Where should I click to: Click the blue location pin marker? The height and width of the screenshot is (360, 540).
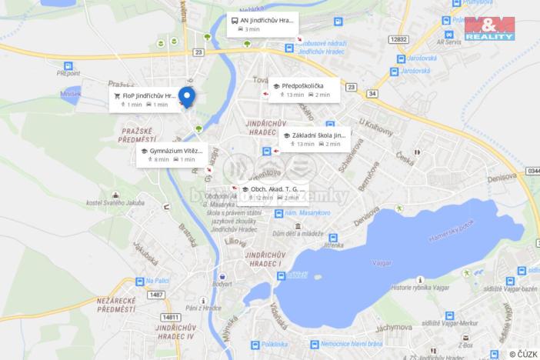pyautogui.click(x=186, y=97)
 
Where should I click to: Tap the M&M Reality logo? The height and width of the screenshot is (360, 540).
pyautogui.click(x=489, y=28)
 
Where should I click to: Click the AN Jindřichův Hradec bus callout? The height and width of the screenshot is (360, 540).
pyautogui.click(x=262, y=24)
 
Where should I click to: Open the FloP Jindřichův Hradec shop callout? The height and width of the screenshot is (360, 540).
pyautogui.click(x=143, y=100)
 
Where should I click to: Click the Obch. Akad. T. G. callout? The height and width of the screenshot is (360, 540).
pyautogui.click(x=269, y=192)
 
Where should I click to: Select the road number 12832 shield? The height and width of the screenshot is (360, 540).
pyautogui.click(x=398, y=38)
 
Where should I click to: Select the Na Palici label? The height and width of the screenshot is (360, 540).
pyautogui.click(x=156, y=281)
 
